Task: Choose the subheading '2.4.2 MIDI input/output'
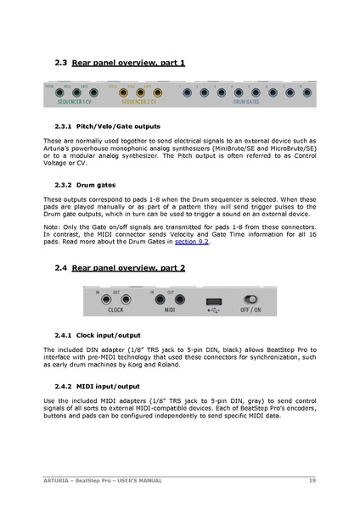[96, 385]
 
